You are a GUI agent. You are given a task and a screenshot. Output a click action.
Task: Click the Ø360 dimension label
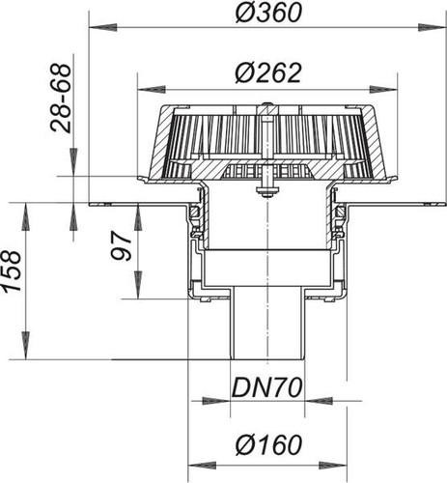click(x=268, y=14)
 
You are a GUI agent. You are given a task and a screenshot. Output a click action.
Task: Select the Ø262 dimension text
click(x=268, y=72)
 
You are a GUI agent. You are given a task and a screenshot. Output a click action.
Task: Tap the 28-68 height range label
click(x=61, y=99)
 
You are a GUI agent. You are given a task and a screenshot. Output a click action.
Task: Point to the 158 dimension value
click(x=13, y=271)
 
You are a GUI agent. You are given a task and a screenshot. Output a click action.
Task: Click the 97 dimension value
click(x=122, y=247)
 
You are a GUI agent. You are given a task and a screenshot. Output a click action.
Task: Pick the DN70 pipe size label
click(x=267, y=387)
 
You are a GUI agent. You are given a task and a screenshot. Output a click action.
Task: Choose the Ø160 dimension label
click(x=268, y=445)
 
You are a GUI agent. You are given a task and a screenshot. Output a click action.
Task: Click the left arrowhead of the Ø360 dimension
click(x=102, y=28)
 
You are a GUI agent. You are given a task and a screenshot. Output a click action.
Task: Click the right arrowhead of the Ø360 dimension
click(x=433, y=28)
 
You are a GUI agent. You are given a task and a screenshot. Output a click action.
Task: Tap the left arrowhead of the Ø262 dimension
click(x=152, y=89)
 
